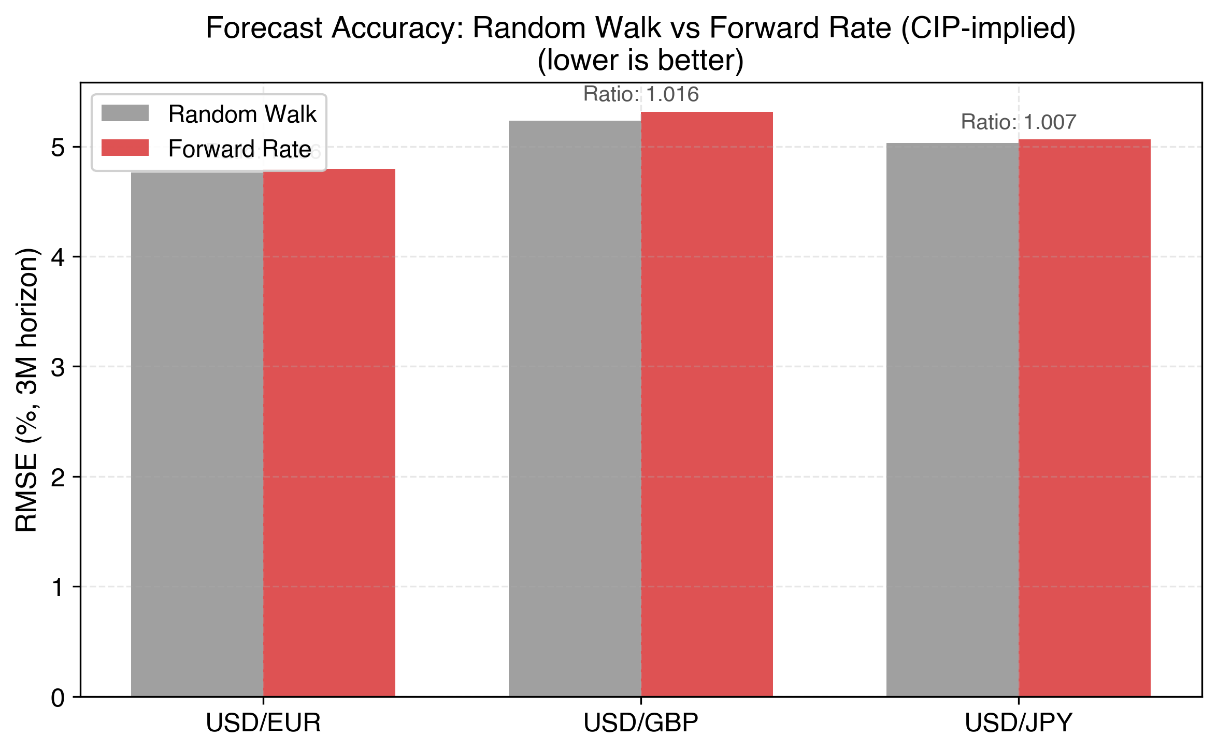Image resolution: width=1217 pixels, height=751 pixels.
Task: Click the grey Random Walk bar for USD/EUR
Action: coord(197,435)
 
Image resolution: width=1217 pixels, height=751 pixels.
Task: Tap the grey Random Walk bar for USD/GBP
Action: coord(575,409)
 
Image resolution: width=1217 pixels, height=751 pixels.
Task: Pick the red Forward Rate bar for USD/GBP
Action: coord(707,404)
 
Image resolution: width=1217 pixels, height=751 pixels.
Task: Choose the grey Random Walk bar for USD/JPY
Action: coord(952,420)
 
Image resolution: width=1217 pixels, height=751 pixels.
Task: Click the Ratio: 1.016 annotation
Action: coord(641,94)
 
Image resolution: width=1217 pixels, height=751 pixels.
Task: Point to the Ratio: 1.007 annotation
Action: coord(1019,122)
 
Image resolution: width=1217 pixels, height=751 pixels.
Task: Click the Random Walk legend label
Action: coord(242,114)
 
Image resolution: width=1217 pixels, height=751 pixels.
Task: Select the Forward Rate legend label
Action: coord(239,149)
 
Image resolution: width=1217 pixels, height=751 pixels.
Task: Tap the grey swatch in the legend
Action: coord(125,113)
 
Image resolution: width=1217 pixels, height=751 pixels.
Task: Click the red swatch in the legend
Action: coord(125,148)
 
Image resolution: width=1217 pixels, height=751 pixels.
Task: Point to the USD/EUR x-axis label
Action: coord(263,723)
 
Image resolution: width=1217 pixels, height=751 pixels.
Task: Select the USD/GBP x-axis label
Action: coord(641,723)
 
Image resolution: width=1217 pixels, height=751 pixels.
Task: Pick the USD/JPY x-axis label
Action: coord(1019,723)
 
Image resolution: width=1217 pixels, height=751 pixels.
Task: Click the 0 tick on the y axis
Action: coord(58,698)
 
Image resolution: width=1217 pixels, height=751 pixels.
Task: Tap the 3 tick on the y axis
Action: coord(58,367)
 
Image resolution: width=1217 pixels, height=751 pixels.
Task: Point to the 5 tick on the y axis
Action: coord(58,148)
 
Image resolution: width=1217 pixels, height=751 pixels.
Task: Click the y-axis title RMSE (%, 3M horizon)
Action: coord(27,389)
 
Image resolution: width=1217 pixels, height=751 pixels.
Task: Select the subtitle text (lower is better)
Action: coord(641,60)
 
